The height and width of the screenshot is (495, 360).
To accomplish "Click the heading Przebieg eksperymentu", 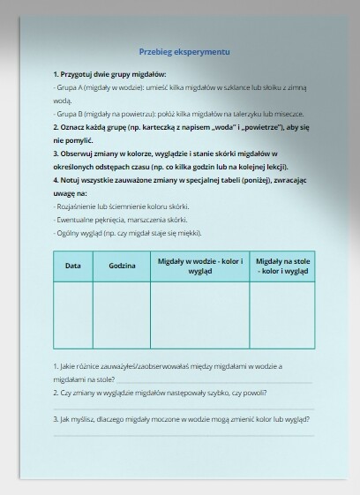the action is pyautogui.click(x=184, y=52).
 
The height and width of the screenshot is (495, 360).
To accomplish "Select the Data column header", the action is pyautogui.click(x=73, y=266).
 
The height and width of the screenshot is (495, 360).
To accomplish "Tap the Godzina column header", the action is pyautogui.click(x=122, y=266).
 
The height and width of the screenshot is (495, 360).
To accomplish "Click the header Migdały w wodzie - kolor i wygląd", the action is pyautogui.click(x=199, y=266).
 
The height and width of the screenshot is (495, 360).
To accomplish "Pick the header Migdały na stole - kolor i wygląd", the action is pyautogui.click(x=281, y=266).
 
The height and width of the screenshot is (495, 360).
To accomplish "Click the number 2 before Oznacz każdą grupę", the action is pyautogui.click(x=55, y=127).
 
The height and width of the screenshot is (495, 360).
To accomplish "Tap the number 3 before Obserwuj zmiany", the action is pyautogui.click(x=55, y=153).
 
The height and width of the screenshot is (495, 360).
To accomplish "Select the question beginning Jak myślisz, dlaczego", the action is pyautogui.click(x=185, y=419).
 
